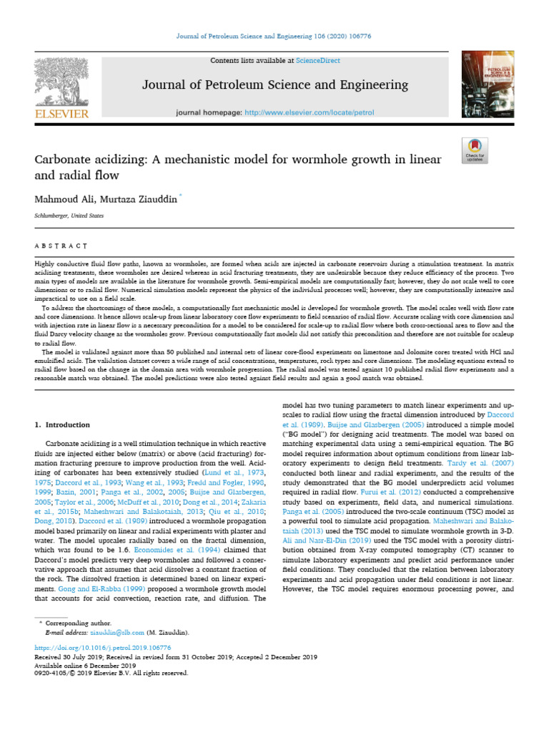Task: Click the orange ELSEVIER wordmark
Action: (61, 114)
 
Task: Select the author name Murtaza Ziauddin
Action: (139, 198)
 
